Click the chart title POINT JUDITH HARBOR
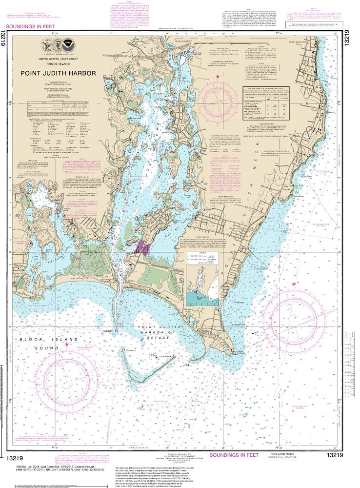point(58,74)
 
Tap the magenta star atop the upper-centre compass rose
point(218,77)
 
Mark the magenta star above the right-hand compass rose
point(294,284)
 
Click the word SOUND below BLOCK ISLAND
point(43,348)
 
